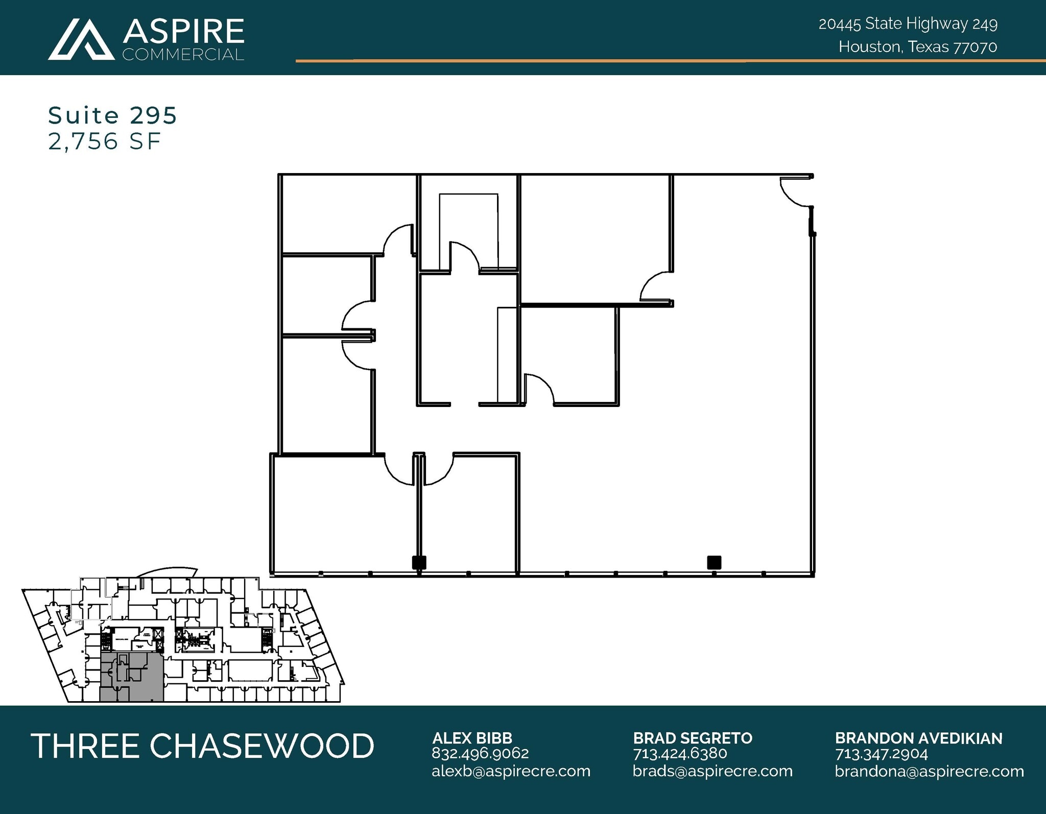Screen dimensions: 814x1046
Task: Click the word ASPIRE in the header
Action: point(183,32)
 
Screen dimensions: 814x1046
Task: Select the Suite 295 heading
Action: point(112,116)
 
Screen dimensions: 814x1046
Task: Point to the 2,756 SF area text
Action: point(105,141)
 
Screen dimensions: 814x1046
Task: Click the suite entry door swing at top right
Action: point(794,192)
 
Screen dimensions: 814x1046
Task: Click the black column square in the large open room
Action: point(714,562)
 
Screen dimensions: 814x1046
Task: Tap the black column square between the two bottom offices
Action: point(419,562)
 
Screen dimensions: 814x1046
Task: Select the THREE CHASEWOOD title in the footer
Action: point(203,746)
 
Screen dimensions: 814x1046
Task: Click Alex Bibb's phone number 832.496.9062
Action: point(480,753)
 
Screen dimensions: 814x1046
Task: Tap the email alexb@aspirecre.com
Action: point(511,771)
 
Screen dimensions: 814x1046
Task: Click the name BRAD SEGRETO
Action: point(693,738)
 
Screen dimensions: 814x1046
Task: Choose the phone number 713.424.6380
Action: point(680,753)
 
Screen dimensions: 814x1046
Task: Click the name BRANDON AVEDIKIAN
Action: point(918,738)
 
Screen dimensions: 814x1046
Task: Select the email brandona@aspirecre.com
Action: point(929,771)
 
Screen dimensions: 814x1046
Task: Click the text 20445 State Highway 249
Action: point(908,24)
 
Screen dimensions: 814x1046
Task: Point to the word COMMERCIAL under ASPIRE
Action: point(183,55)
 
